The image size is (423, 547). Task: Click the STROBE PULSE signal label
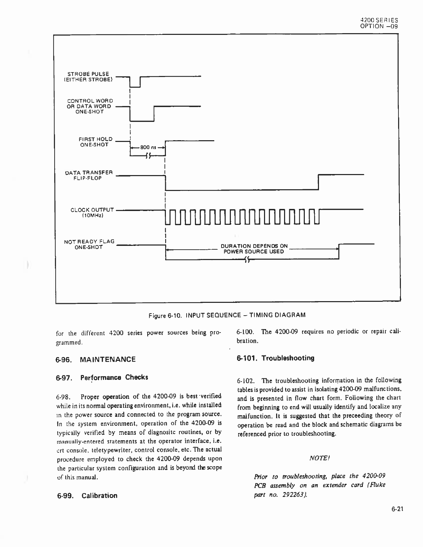point(88,77)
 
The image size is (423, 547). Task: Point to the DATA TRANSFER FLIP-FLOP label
point(89,175)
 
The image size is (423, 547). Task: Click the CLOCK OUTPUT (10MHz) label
point(92,212)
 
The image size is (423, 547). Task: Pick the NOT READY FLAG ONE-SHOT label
point(89,244)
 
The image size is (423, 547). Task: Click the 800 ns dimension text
point(148,147)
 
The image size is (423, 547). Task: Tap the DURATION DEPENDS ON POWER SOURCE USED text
point(254,249)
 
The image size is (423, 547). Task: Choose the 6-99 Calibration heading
point(87,496)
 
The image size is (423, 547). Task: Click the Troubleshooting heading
point(275,358)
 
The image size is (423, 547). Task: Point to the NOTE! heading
point(319,458)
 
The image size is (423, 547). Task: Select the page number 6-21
point(397,509)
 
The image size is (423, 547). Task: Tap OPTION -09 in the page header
point(379,26)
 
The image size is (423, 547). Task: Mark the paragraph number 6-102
point(246,381)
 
